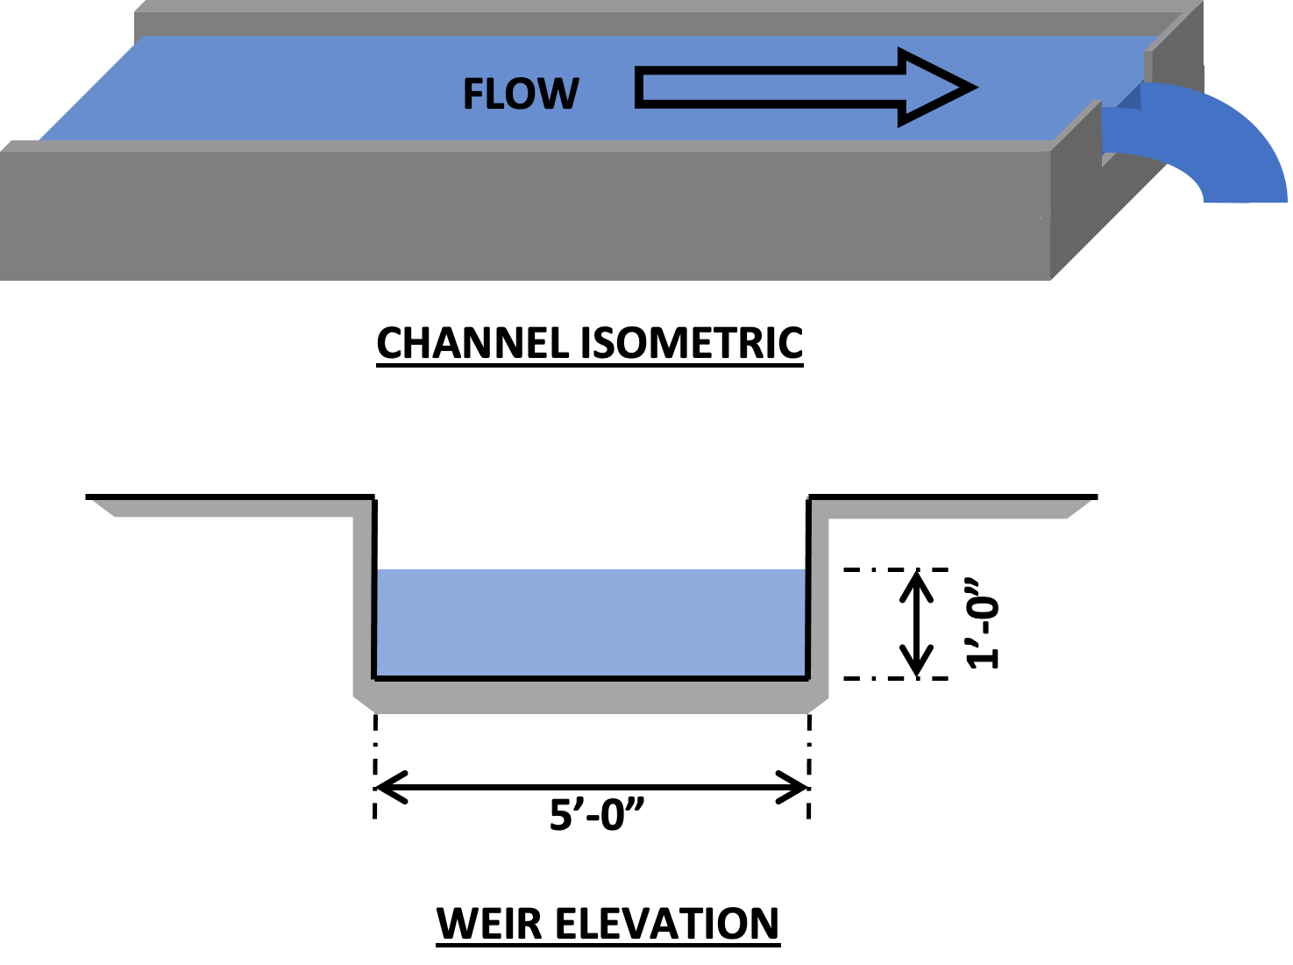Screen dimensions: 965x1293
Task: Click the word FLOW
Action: click(x=521, y=95)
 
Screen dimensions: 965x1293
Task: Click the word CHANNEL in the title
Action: click(x=474, y=343)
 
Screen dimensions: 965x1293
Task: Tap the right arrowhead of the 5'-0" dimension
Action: click(x=799, y=787)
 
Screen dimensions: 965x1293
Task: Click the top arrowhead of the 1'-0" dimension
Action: click(x=917, y=579)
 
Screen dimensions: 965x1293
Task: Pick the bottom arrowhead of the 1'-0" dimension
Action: click(x=917, y=668)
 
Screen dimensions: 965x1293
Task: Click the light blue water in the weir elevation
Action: click(x=590, y=623)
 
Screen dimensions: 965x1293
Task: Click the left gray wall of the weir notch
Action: click(x=363, y=605)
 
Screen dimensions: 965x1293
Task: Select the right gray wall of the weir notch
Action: click(x=818, y=605)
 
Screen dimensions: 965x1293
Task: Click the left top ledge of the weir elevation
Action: click(x=228, y=507)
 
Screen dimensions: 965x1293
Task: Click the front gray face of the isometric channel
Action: click(x=526, y=215)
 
